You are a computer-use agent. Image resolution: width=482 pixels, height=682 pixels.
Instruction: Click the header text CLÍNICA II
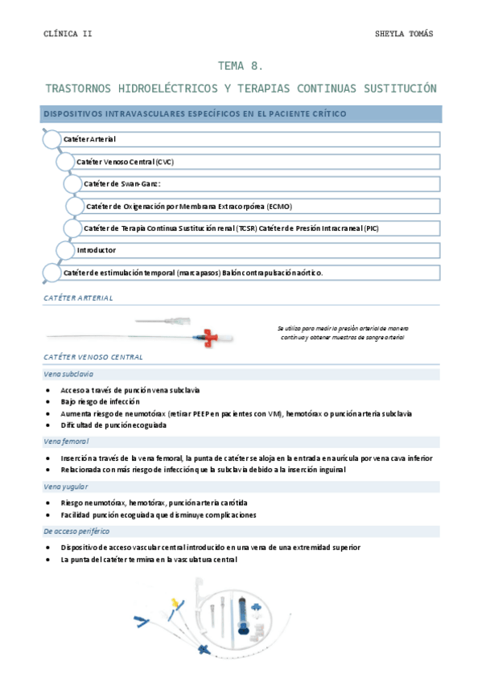[68, 34]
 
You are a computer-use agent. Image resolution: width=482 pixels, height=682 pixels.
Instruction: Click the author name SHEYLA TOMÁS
[405, 34]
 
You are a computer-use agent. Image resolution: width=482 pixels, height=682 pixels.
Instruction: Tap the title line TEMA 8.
[241, 67]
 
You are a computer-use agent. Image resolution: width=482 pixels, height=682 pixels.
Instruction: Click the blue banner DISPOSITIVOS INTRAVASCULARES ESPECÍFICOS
[195, 114]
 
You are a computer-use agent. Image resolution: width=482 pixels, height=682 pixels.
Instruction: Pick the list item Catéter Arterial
[89, 140]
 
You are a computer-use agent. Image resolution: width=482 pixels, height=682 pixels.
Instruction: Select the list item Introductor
[97, 250]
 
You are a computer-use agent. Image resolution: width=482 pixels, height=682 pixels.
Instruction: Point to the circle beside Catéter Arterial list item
[51, 140]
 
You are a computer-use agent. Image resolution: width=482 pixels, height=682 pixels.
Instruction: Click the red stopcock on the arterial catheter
[212, 335]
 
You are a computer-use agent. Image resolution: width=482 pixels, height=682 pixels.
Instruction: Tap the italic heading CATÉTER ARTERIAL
[78, 298]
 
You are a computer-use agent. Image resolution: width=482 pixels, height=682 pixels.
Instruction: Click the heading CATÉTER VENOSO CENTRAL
[93, 356]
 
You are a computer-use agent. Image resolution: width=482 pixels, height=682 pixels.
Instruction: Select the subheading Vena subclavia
[68, 374]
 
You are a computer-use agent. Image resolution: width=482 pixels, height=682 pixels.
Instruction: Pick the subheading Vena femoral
[66, 442]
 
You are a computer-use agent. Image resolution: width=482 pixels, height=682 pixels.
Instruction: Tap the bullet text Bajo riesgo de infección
[100, 401]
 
